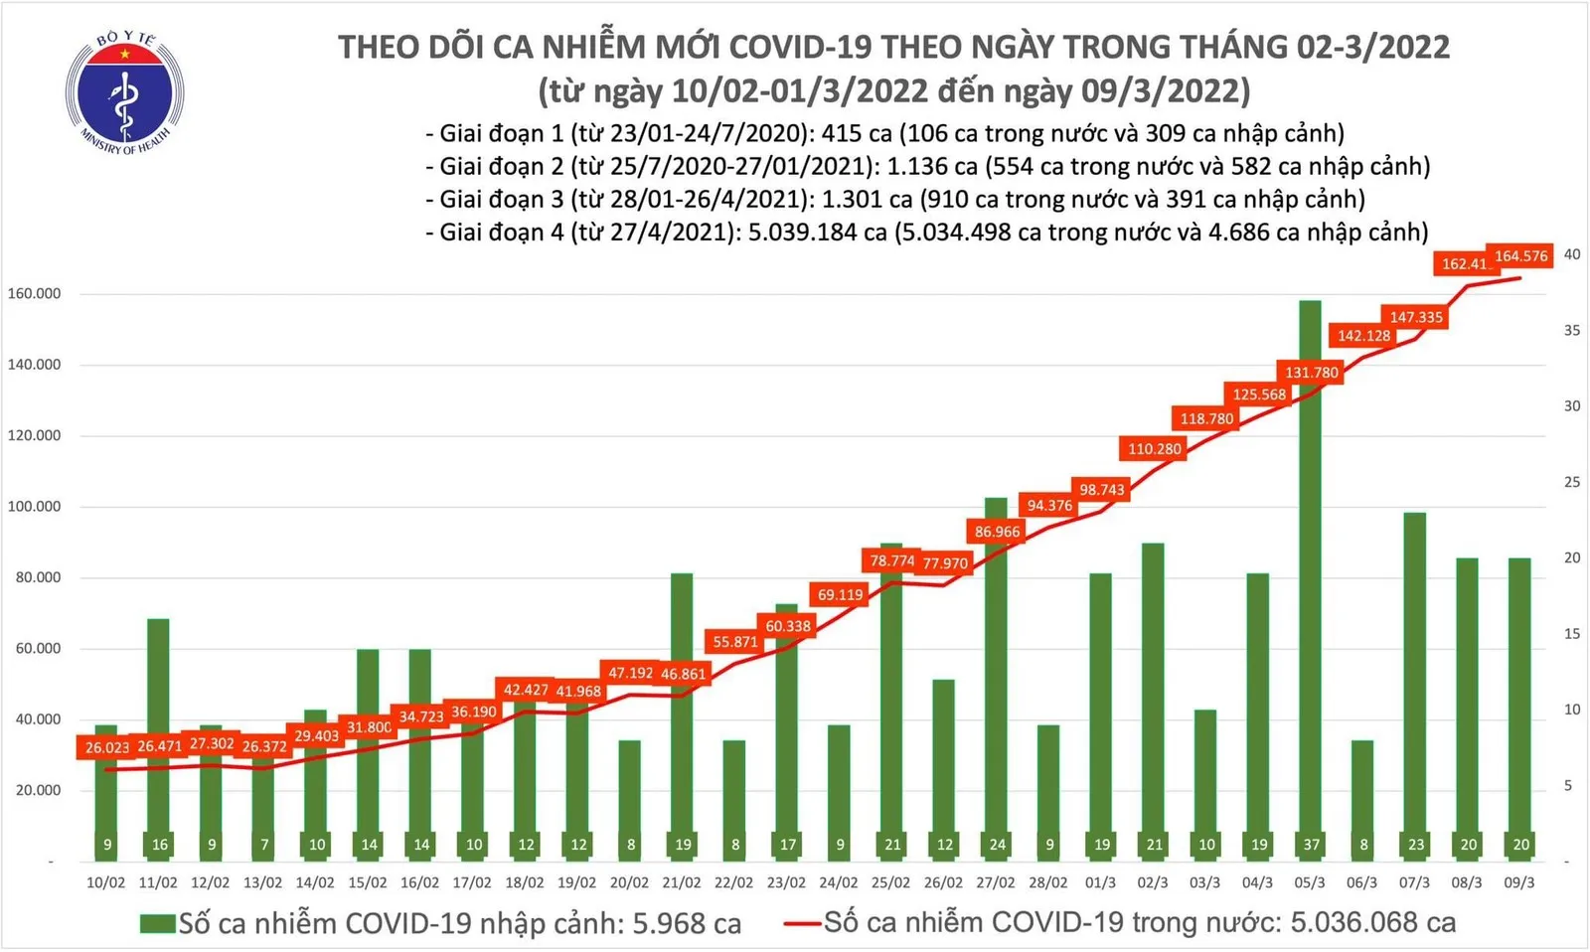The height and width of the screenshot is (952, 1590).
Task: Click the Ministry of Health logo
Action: click(x=124, y=93)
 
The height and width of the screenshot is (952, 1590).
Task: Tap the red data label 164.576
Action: click(x=1520, y=256)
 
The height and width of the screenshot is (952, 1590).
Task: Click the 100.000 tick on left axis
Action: click(x=34, y=507)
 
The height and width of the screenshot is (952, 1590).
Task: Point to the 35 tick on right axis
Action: click(x=1572, y=330)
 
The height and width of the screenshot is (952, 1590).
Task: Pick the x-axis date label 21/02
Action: click(x=682, y=882)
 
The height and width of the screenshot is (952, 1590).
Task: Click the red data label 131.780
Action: click(x=1312, y=373)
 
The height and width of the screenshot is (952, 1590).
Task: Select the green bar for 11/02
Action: click(x=158, y=735)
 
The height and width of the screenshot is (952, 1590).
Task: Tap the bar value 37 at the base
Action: click(x=1311, y=845)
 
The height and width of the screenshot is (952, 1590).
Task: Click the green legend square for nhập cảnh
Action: click(x=157, y=924)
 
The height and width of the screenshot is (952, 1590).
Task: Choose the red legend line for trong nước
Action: click(x=803, y=924)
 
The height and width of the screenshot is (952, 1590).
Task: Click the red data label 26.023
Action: click(x=107, y=747)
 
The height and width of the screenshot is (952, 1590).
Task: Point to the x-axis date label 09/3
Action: click(x=1519, y=882)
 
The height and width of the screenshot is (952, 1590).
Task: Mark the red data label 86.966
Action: click(x=997, y=532)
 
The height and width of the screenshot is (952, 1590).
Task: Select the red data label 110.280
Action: click(x=1154, y=449)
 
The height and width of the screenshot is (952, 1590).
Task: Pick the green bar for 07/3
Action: click(x=1414, y=686)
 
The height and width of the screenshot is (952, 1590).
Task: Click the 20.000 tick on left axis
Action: click(x=38, y=791)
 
